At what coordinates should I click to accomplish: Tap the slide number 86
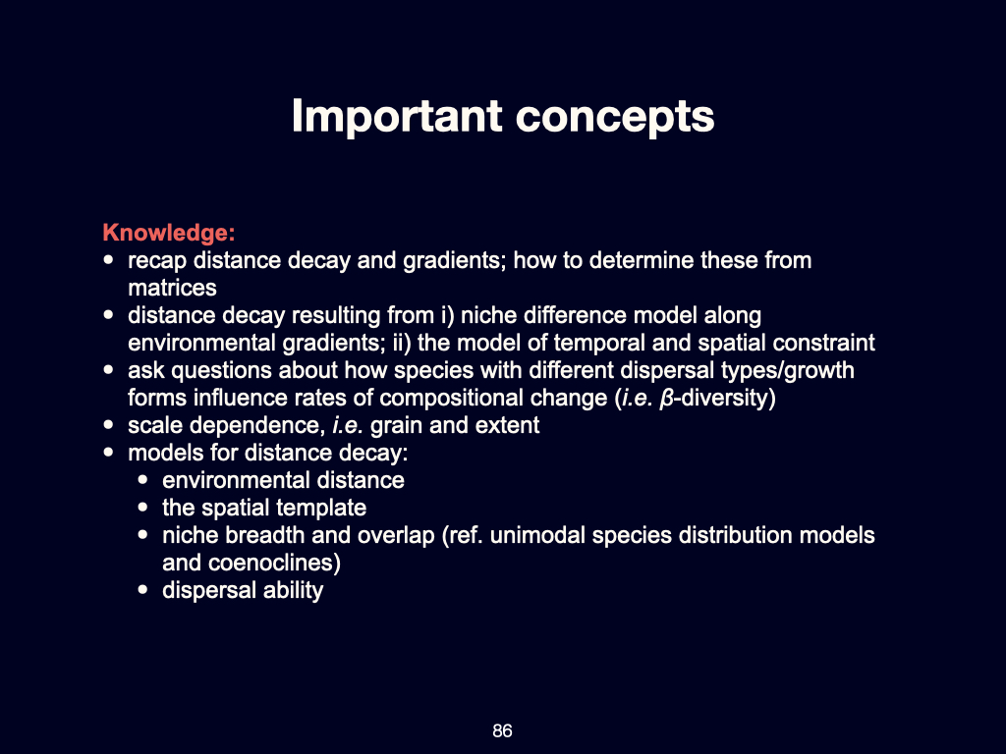[x=502, y=731]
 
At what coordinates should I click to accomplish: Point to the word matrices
[x=172, y=289]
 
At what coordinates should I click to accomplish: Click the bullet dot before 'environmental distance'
[x=143, y=481]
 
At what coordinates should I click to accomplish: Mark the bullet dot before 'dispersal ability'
[x=143, y=591]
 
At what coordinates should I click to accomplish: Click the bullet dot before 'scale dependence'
[x=109, y=426]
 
